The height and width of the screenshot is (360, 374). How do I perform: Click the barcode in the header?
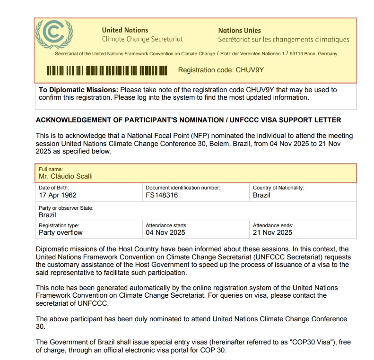[107, 71]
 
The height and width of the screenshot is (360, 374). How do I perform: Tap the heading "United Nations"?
[125, 30]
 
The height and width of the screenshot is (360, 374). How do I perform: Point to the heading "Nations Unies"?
[239, 30]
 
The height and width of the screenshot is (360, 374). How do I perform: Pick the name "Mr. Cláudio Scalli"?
[66, 176]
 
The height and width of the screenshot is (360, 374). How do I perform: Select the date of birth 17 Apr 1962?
[58, 195]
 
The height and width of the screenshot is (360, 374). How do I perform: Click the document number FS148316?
[162, 195]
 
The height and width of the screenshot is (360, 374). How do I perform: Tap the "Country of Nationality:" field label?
[278, 188]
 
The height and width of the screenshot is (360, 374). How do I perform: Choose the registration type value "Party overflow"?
[61, 232]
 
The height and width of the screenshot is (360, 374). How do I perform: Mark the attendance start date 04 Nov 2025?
[165, 232]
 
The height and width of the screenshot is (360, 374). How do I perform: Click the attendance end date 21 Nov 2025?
[272, 232]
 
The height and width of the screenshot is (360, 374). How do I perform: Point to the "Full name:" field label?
[51, 169]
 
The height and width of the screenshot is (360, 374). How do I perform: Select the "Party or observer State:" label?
[66, 208]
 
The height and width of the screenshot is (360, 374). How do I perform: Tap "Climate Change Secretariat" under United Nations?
[142, 39]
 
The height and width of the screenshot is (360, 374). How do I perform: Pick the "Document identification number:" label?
[183, 188]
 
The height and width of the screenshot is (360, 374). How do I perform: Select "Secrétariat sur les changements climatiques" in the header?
[284, 40]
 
